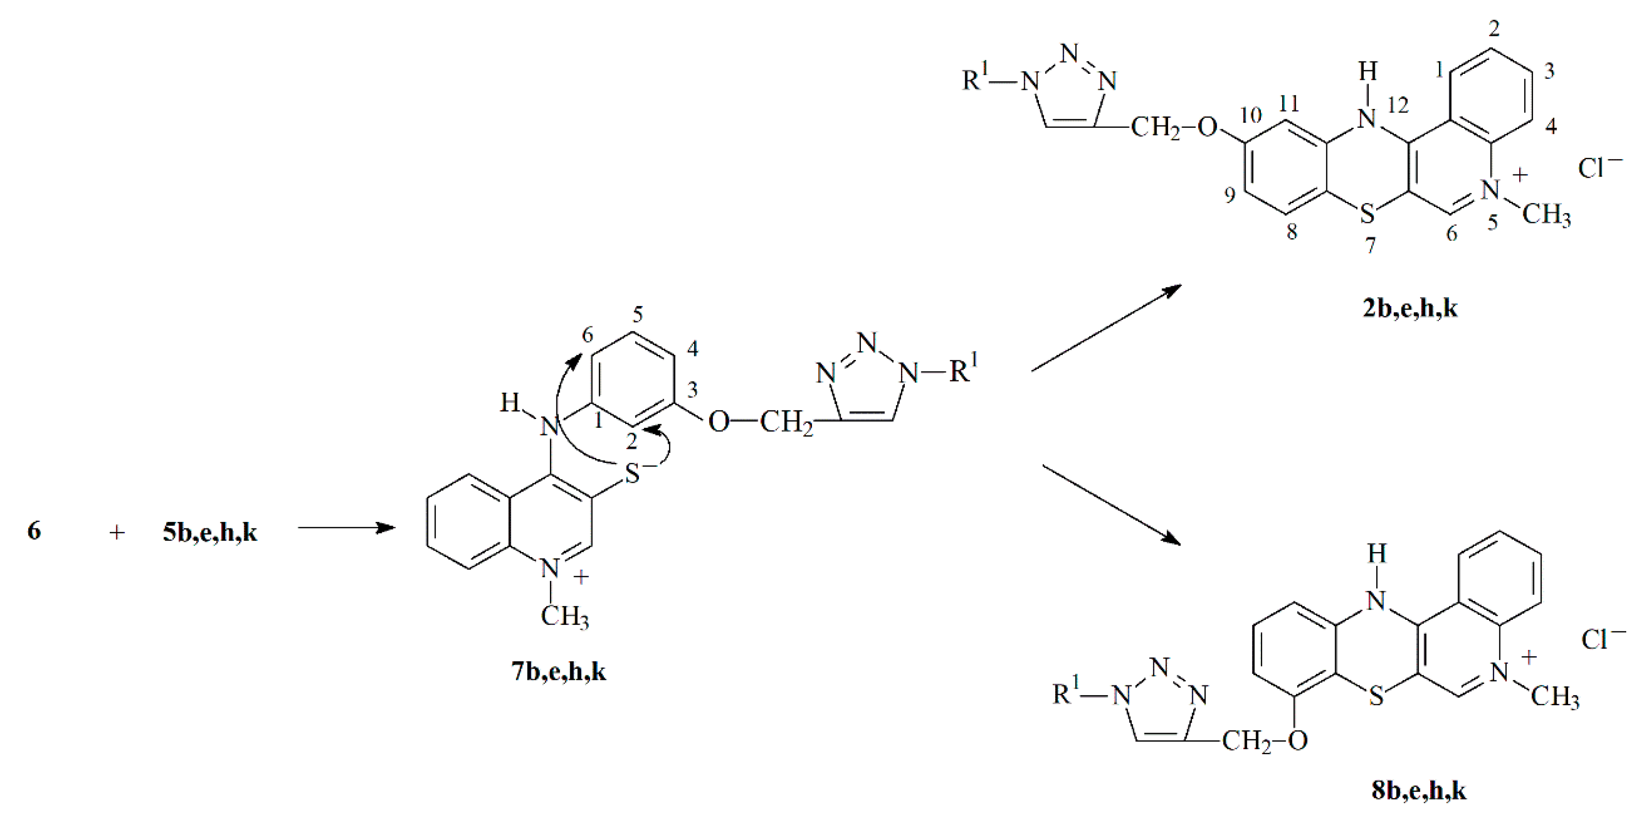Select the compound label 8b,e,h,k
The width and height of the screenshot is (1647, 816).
(x=1418, y=791)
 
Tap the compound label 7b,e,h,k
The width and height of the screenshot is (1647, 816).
(x=558, y=672)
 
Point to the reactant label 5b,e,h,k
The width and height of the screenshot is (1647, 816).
(x=210, y=532)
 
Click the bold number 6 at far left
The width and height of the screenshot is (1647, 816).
(x=34, y=531)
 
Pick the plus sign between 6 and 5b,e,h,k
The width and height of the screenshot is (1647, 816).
(x=116, y=532)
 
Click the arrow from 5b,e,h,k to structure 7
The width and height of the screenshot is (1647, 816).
(x=346, y=528)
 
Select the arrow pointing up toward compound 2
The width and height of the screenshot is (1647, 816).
(x=1106, y=327)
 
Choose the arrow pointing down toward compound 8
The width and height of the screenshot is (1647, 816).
(x=1111, y=505)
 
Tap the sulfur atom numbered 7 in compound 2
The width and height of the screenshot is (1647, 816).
(x=1367, y=214)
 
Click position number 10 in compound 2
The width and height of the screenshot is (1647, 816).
(x=1251, y=116)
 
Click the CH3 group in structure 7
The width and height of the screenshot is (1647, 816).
(x=565, y=617)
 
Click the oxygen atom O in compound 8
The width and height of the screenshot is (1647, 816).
(x=1298, y=741)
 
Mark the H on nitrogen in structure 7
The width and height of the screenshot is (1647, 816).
(x=510, y=403)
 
